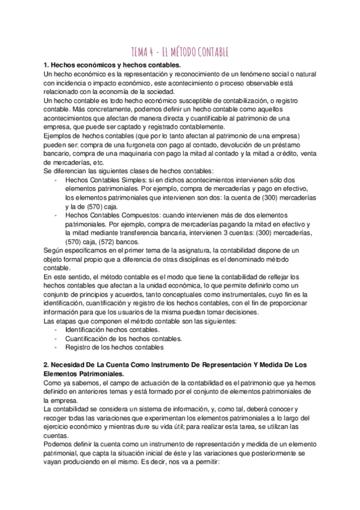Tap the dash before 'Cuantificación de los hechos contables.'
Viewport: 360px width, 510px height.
point(56,339)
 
